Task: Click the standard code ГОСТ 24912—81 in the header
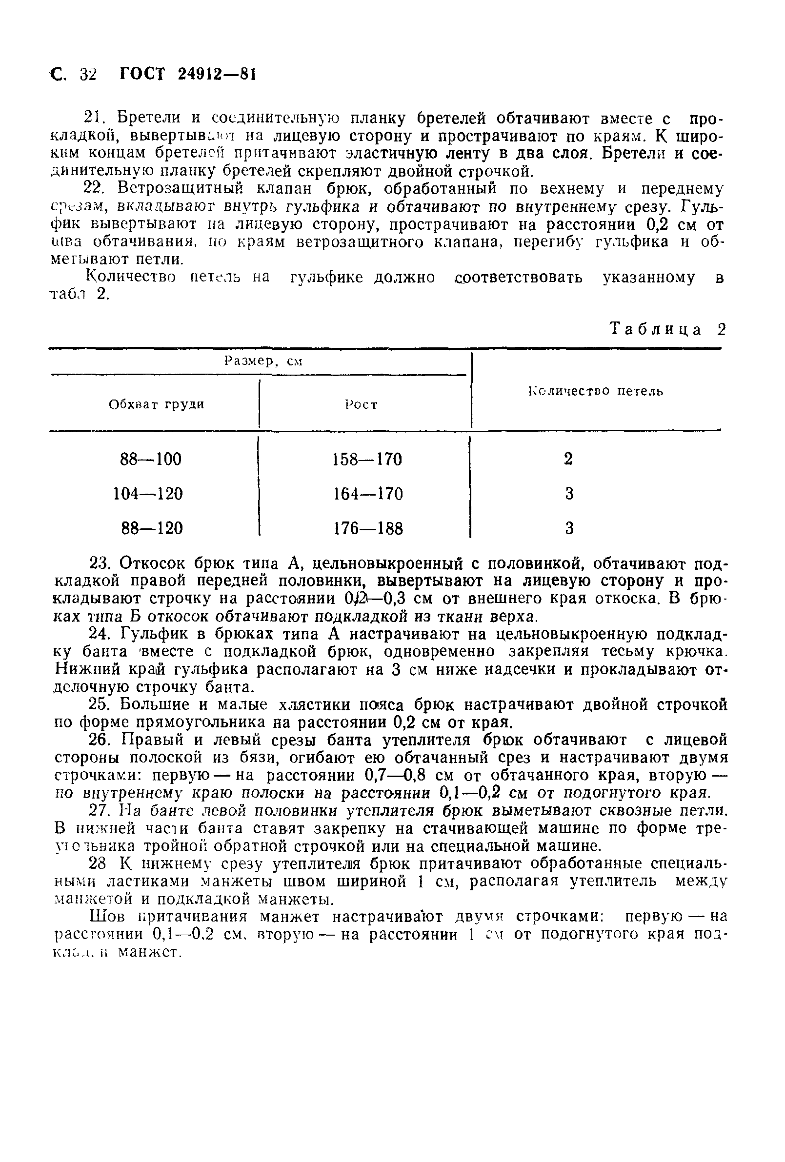tap(187, 74)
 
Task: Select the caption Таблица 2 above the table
tap(667, 329)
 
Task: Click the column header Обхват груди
tap(157, 404)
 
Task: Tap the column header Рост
tap(361, 404)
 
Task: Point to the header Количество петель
tap(596, 391)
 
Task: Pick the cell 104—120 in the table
tap(148, 494)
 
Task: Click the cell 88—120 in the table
tap(152, 528)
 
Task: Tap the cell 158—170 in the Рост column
tap(367, 459)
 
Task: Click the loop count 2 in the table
tap(568, 459)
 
